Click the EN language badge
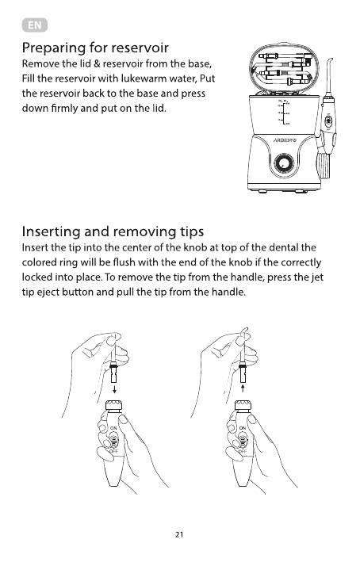tap(34, 25)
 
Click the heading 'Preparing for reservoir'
tap(95, 48)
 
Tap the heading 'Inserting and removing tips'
tap(113, 231)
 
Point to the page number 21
tap(179, 534)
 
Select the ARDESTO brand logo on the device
tap(285, 140)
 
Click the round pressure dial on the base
tap(284, 164)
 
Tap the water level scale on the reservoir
tap(285, 113)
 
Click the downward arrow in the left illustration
tap(113, 389)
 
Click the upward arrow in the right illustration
tap(243, 389)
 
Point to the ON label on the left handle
tap(113, 428)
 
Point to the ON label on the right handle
tap(243, 428)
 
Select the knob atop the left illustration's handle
tap(113, 405)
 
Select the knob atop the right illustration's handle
tap(243, 405)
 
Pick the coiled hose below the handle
tap(324, 166)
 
